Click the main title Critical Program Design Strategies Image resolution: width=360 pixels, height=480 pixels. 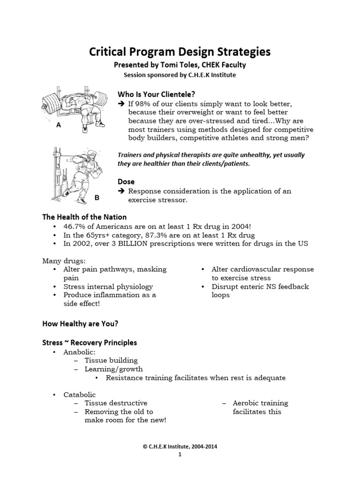pyautogui.click(x=180, y=52)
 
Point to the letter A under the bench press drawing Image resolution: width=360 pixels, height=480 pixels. pyautogui.click(x=59, y=126)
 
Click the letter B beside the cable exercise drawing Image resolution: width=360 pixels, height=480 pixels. pyautogui.click(x=97, y=198)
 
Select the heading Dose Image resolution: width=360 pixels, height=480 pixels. pyautogui.click(x=126, y=181)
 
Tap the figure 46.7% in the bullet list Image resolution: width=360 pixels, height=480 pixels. pyautogui.click(x=75, y=226)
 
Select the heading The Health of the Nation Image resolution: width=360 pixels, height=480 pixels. pyautogui.click(x=84, y=217)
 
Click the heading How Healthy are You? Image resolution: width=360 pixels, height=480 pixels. pyautogui.click(x=80, y=323)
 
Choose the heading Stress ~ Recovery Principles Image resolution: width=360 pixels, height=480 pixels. pyautogui.click(x=90, y=343)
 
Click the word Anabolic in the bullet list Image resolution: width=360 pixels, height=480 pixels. pyautogui.click(x=79, y=352)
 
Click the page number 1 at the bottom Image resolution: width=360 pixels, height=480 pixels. pyautogui.click(x=180, y=455)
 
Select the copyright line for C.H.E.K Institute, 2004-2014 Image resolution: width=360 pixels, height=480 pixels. pyautogui.click(x=180, y=447)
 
